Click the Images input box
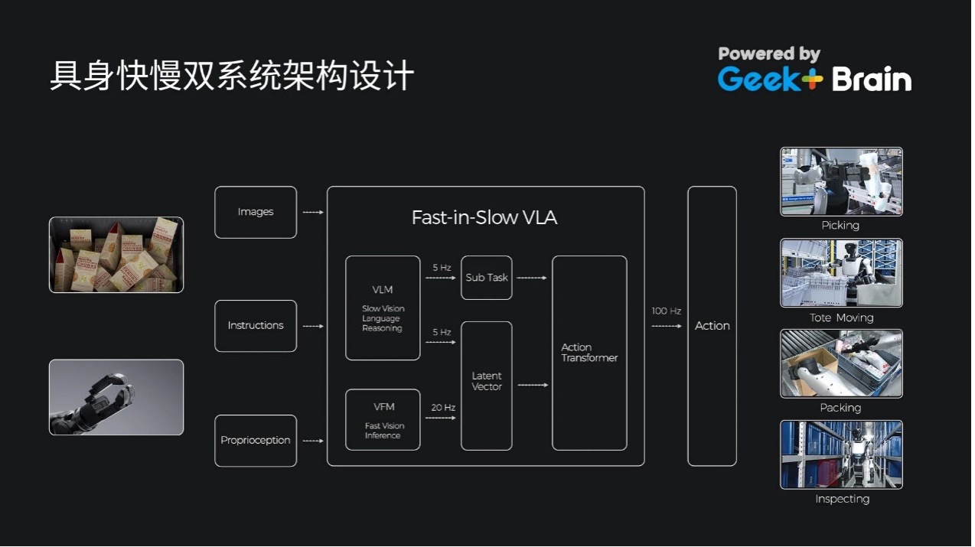(x=255, y=212)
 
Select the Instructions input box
(x=255, y=326)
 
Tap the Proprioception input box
(x=255, y=441)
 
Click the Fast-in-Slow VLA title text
(x=484, y=218)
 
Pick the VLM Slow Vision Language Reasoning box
(x=383, y=308)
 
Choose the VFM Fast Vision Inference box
(x=383, y=419)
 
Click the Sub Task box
(x=487, y=278)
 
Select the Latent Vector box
(x=487, y=386)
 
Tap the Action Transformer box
(x=589, y=353)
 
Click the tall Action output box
(x=712, y=326)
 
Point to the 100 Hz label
(x=666, y=311)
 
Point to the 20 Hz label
(x=443, y=408)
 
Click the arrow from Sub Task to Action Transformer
(x=532, y=278)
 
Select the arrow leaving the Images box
(x=312, y=212)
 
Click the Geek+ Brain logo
(x=814, y=70)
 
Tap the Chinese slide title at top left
(x=232, y=77)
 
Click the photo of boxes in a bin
(x=116, y=255)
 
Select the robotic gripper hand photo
(x=116, y=397)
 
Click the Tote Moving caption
(x=841, y=317)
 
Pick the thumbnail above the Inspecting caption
(x=841, y=454)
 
